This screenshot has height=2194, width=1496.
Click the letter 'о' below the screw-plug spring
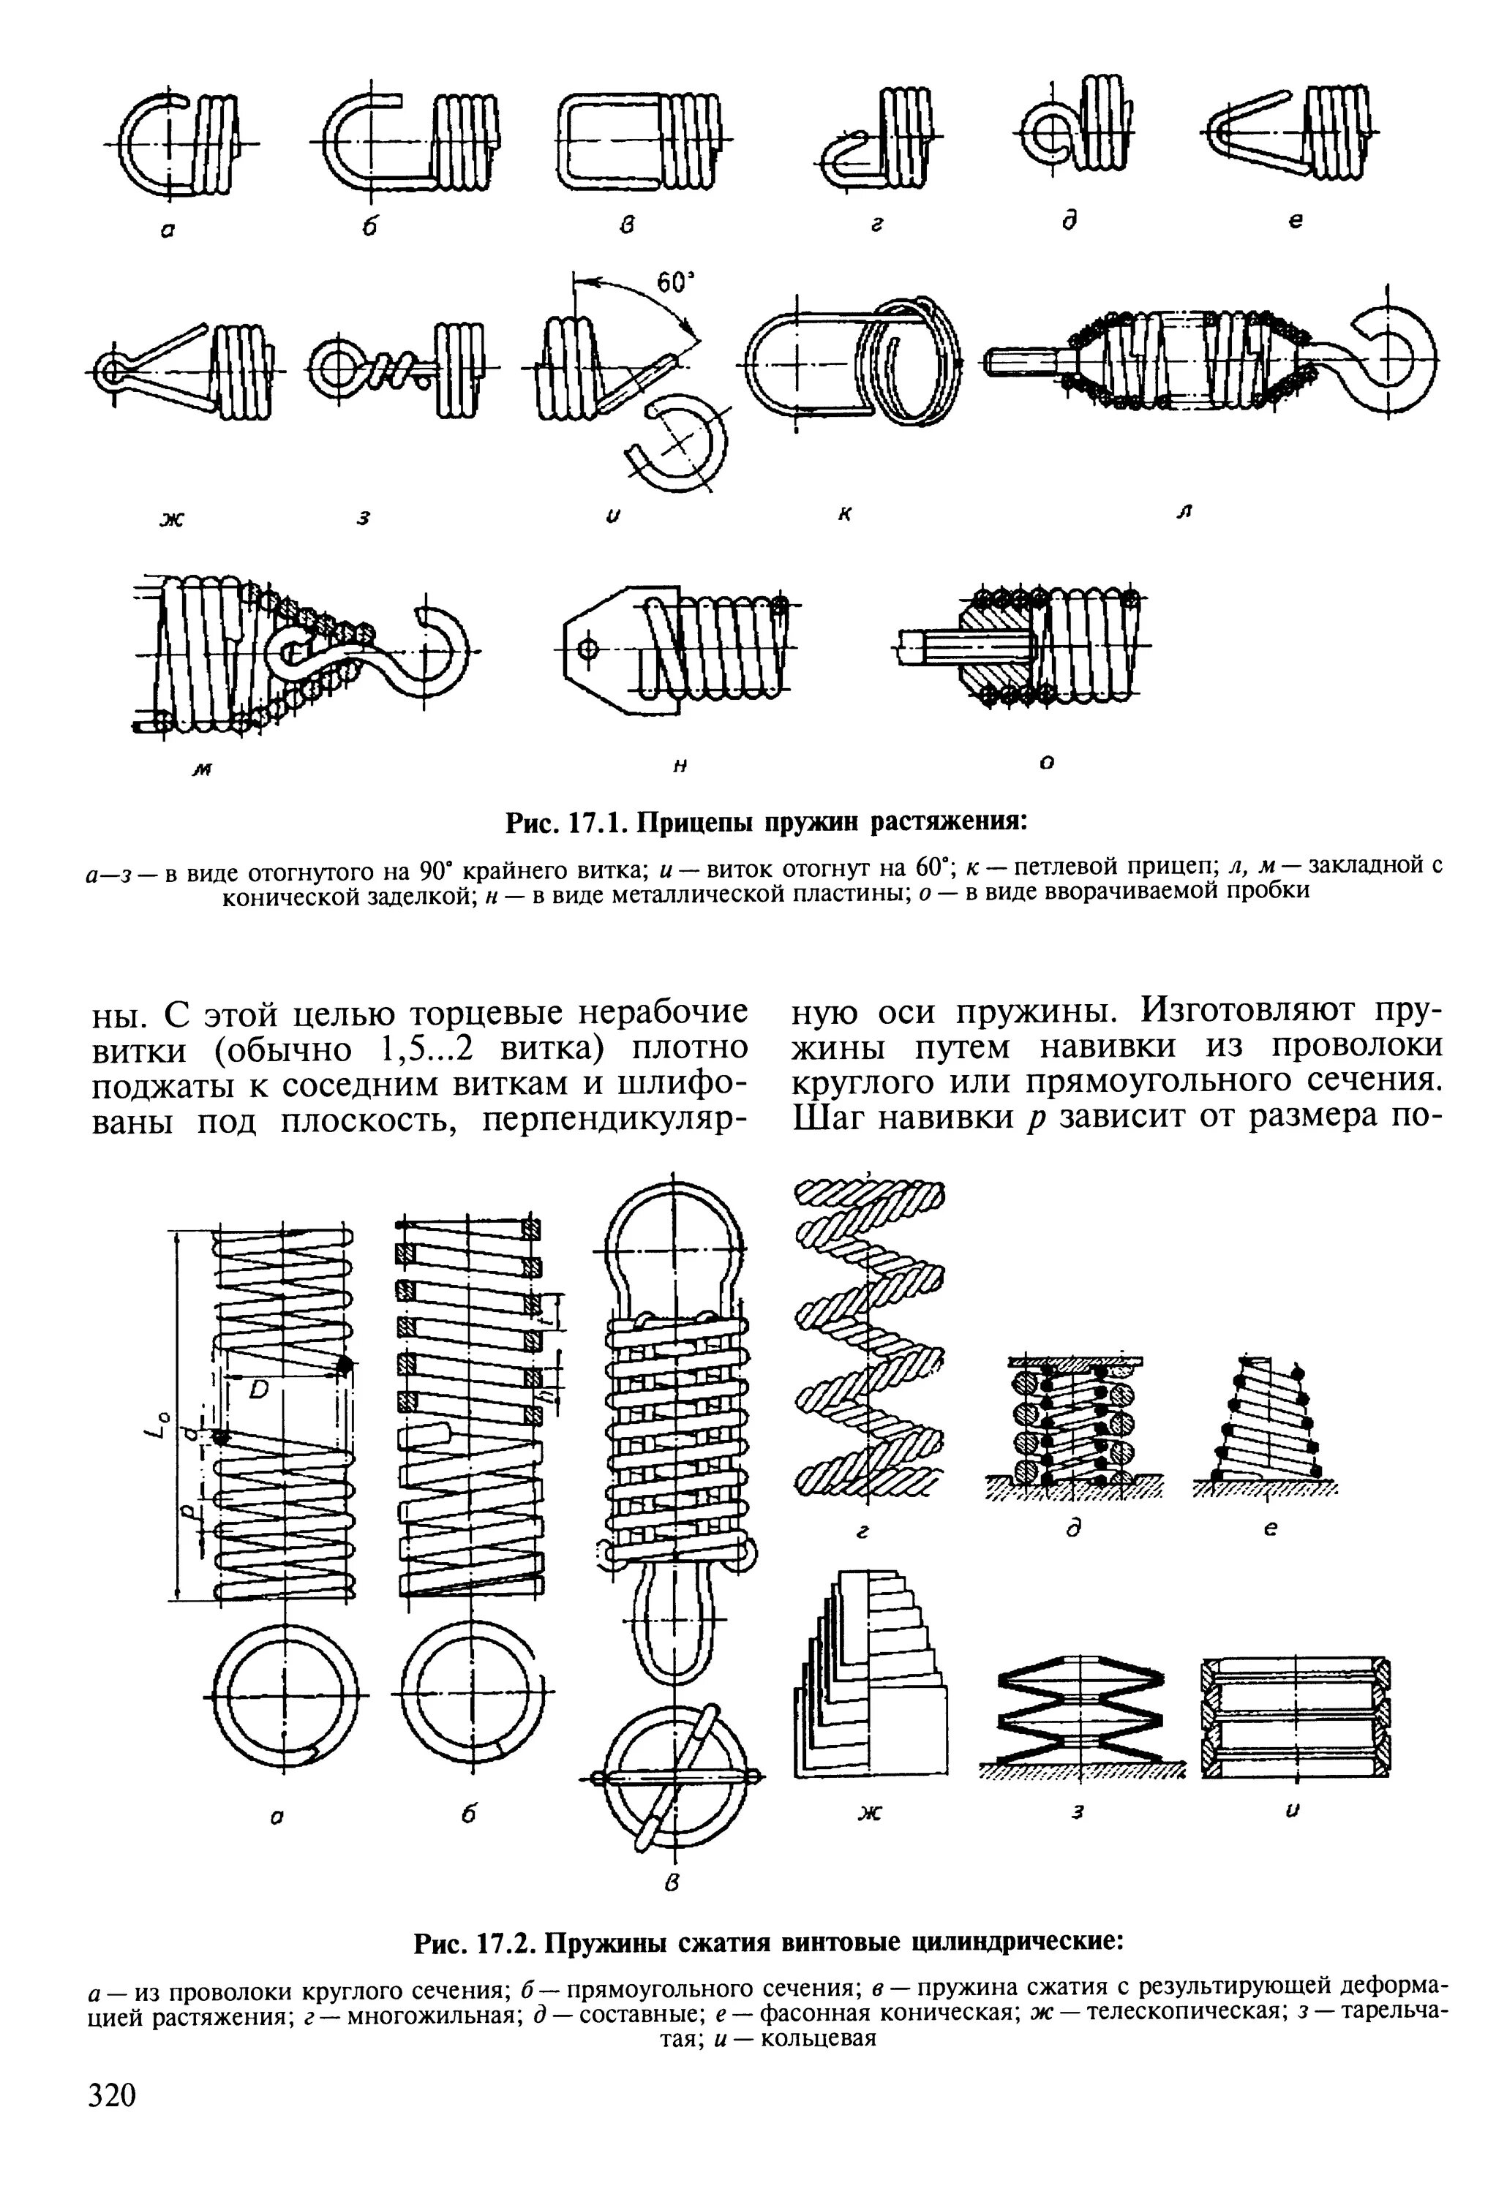[1045, 761]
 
